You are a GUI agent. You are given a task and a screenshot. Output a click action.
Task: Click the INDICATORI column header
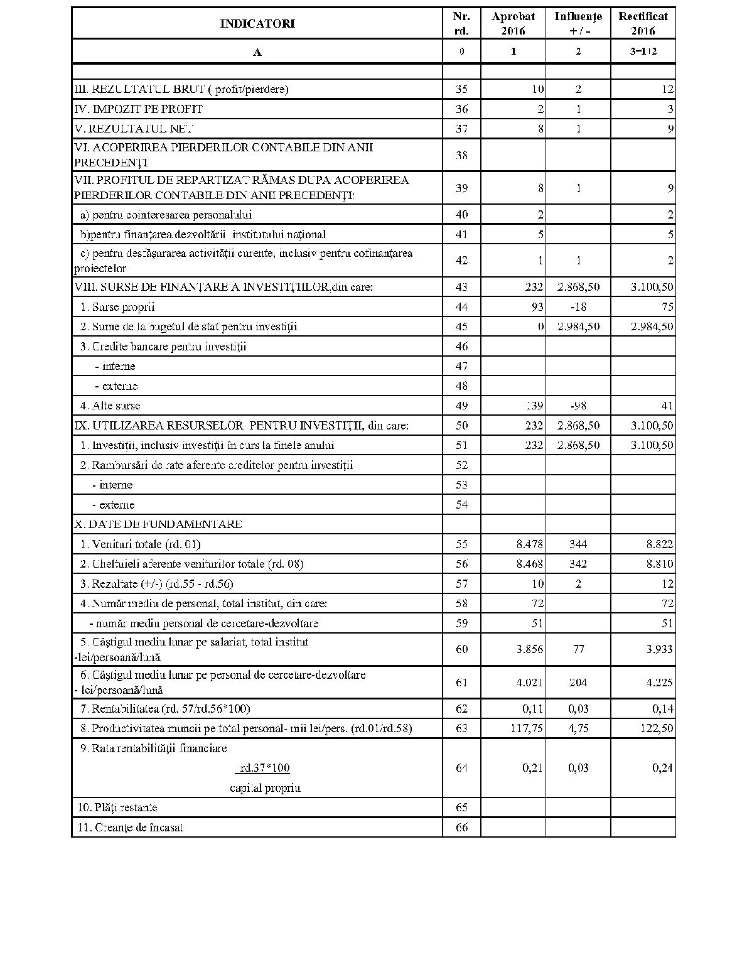(257, 24)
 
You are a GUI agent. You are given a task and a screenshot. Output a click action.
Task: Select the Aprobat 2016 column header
(513, 24)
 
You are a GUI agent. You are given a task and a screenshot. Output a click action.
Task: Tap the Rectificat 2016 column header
(643, 24)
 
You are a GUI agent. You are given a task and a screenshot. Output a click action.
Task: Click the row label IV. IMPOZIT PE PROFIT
(139, 109)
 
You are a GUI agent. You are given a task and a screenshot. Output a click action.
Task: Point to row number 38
(461, 155)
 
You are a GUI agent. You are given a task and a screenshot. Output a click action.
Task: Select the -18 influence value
(578, 307)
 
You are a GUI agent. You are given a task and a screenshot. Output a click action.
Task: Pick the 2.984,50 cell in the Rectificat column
(652, 327)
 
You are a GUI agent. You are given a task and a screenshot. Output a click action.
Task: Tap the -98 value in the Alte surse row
(578, 406)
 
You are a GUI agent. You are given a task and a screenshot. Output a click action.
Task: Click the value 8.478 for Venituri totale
(529, 544)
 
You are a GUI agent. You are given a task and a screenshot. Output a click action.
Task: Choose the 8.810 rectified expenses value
(660, 564)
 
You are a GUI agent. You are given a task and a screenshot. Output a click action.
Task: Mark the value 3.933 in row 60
(660, 649)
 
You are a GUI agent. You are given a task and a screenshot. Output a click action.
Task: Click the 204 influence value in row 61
(578, 683)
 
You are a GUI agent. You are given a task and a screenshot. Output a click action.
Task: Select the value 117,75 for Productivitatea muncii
(526, 728)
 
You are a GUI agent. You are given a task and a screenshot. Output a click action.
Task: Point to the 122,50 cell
(655, 728)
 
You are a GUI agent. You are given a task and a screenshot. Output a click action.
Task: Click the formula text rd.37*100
(264, 768)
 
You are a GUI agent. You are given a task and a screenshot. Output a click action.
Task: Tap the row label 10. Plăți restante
(117, 807)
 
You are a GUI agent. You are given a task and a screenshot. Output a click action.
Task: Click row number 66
(461, 828)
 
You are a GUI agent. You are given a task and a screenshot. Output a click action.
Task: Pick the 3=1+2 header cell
(643, 51)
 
